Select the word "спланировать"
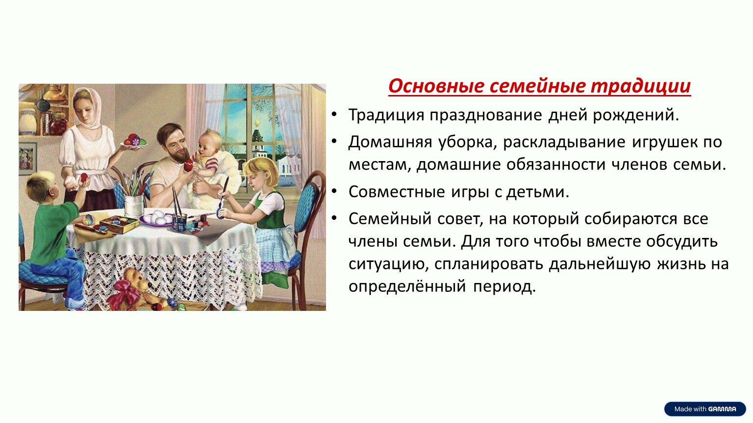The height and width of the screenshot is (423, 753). [x=488, y=264]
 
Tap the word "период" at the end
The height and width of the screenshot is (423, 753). [x=504, y=287]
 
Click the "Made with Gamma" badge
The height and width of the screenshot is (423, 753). [x=705, y=409]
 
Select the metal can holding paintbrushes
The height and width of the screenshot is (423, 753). [x=133, y=205]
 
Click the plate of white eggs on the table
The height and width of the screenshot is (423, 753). [x=156, y=218]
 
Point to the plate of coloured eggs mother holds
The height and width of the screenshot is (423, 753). [x=134, y=141]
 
